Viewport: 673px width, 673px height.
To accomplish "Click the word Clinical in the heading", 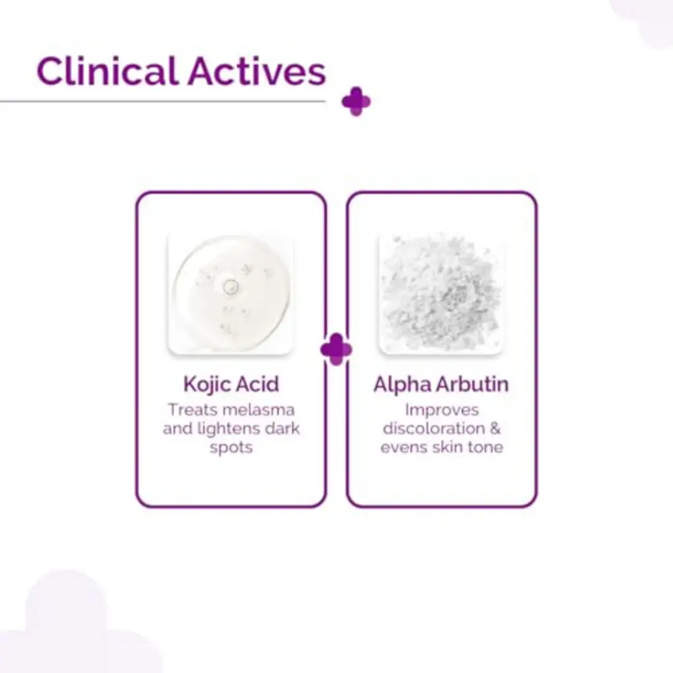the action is pos(107,71).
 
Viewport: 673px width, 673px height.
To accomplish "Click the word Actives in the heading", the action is pos(257,71).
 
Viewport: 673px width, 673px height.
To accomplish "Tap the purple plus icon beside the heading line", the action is pos(356,102).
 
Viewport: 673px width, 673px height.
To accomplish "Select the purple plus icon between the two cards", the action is pos(336,350).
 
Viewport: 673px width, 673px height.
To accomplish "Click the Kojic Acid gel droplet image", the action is pos(231,294).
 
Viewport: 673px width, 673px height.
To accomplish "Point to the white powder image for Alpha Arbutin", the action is pos(441,294).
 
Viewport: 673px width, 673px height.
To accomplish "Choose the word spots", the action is pos(231,448).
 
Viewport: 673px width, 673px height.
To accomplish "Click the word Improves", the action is pos(442,411).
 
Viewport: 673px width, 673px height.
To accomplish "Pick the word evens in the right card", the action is pos(404,447).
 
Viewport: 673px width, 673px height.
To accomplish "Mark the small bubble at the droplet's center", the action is pos(231,286).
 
